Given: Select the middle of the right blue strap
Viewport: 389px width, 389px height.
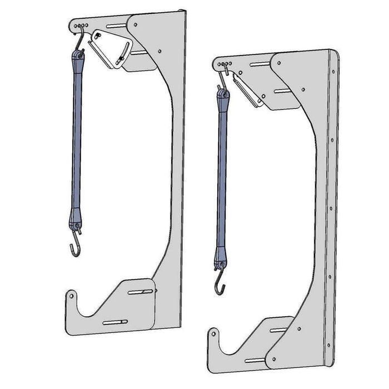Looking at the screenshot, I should click(x=221, y=178).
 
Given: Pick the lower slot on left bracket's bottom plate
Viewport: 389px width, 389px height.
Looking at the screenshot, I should click(x=115, y=322).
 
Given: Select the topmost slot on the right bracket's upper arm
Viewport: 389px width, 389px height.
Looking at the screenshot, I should click(x=259, y=64).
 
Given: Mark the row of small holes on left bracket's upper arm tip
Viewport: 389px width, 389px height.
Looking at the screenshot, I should click(x=82, y=25).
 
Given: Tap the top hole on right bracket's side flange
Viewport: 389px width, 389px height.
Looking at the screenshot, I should click(x=332, y=72).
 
